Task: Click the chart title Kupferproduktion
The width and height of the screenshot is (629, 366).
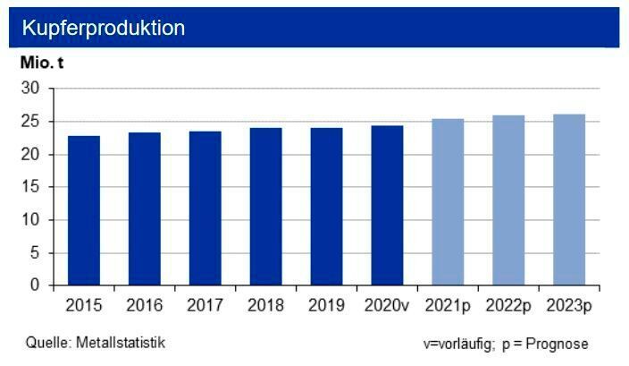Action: click(105, 28)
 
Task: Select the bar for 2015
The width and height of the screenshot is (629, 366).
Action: click(84, 210)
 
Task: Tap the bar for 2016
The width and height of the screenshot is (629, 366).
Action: click(145, 209)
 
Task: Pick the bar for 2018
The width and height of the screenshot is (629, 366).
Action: click(265, 207)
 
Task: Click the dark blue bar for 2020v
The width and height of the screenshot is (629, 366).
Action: click(387, 205)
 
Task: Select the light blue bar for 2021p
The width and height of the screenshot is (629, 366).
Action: click(448, 201)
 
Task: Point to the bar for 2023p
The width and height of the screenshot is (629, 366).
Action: click(569, 200)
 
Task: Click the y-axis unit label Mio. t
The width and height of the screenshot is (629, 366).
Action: click(42, 64)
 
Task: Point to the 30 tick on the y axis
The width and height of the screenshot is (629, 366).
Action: click(31, 89)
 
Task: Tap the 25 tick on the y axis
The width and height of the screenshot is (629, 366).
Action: click(31, 122)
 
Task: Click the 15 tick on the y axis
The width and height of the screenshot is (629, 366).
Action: click(31, 187)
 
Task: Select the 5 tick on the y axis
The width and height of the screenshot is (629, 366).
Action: click(36, 252)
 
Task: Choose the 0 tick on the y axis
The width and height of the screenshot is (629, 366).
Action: click(36, 285)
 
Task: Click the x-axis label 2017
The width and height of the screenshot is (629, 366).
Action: click(205, 306)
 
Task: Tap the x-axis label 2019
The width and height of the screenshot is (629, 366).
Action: click(326, 306)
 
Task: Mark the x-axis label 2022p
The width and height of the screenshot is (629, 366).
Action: click(508, 306)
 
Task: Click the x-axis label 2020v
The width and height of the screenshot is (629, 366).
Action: click(387, 306)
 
